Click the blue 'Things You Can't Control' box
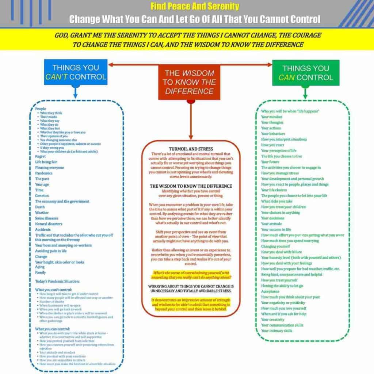point(76,72)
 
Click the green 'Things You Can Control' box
point(306,72)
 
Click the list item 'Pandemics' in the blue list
point(44,173)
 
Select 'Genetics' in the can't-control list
point(42,196)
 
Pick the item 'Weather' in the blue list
point(42,213)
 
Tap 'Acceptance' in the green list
point(270,291)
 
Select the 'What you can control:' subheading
point(51,329)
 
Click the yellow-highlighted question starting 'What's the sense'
point(190,275)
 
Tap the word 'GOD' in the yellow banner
point(62,35)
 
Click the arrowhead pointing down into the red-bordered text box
point(190,137)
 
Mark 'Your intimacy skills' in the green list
point(276,331)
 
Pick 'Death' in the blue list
point(40,207)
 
